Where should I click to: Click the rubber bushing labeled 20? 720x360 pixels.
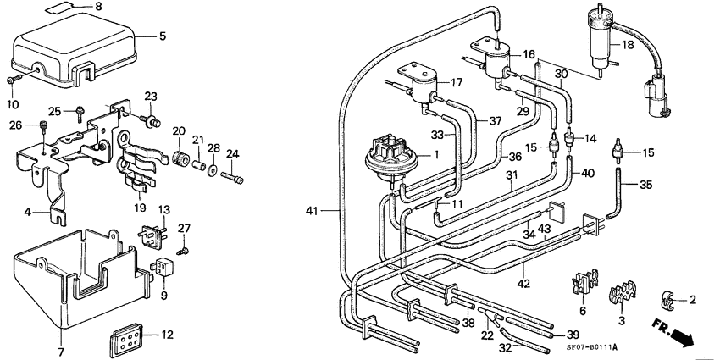tap(179, 158)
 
